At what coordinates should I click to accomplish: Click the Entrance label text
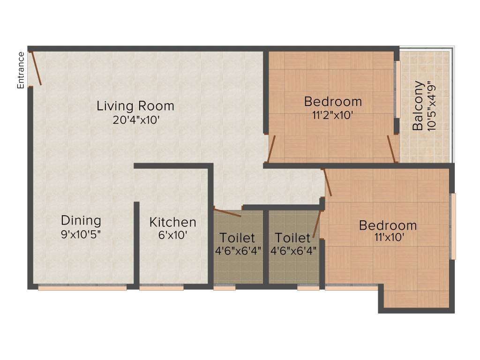21,70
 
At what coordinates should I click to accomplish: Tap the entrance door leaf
36,68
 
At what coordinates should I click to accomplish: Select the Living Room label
135,106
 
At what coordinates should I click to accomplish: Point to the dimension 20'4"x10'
136,120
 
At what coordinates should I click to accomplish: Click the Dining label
81,220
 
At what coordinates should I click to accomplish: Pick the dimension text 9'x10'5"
81,234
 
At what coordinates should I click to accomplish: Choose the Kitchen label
172,222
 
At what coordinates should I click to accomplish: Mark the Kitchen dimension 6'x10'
172,236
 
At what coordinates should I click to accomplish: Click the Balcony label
419,106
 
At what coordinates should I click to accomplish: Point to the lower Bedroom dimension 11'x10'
388,238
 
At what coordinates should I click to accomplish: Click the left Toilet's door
227,211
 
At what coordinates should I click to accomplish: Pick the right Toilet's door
317,224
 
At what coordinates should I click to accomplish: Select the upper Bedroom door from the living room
271,149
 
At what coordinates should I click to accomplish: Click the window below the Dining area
82,288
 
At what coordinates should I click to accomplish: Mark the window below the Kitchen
161,288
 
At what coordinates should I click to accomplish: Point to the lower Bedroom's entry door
328,182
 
